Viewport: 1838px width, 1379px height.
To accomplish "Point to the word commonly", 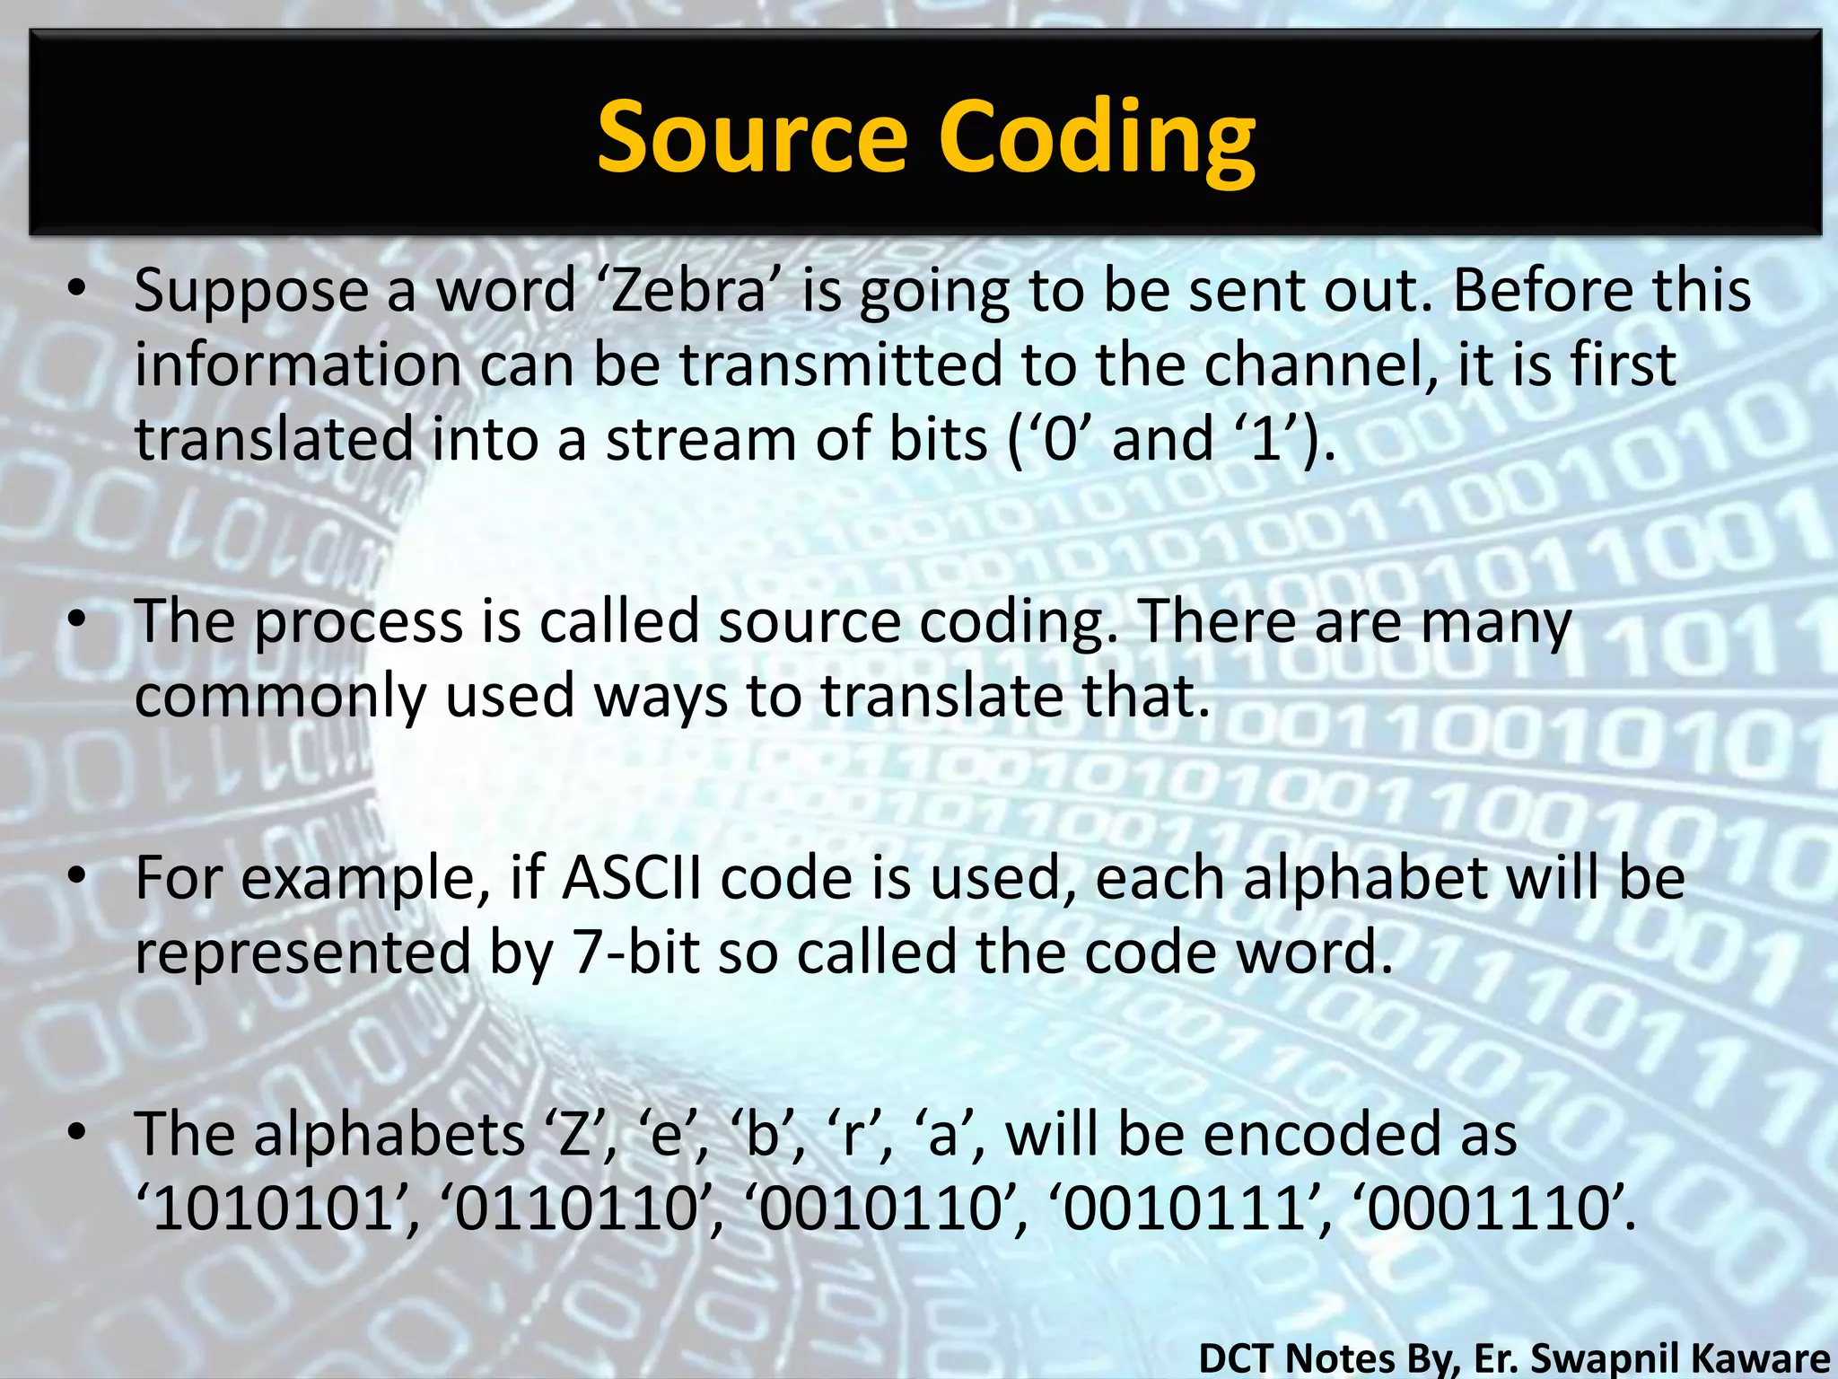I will (280, 697).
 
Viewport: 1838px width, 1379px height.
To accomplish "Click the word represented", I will (302, 953).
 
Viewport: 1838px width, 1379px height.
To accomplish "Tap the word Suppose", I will (252, 293).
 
